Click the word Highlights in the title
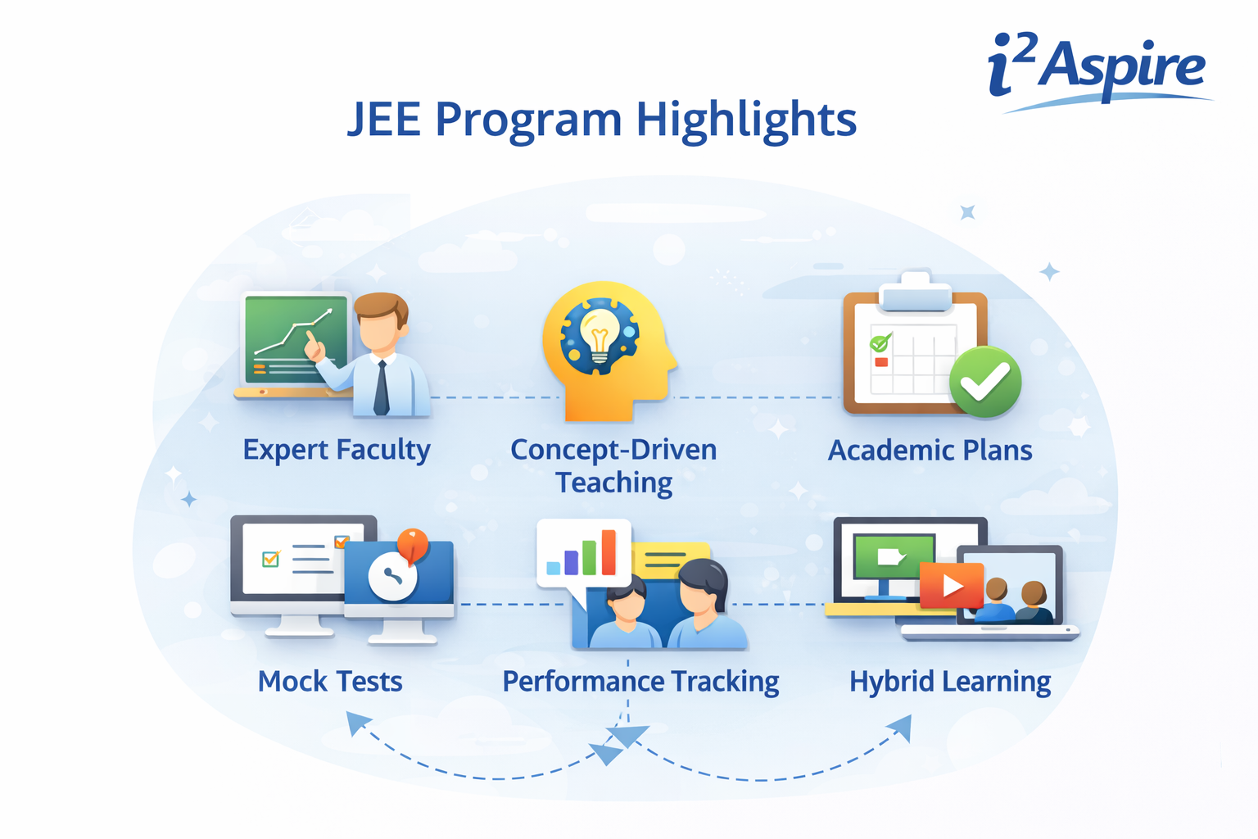tap(746, 120)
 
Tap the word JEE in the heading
tap(384, 120)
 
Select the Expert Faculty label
tap(336, 450)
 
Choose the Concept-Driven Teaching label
tap(613, 465)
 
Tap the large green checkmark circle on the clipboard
tap(985, 382)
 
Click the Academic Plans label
tap(930, 451)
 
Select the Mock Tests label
tap(330, 682)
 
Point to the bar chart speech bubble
tap(583, 553)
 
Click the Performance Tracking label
tap(640, 682)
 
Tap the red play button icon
tap(951, 585)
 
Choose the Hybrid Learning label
tap(950, 682)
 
